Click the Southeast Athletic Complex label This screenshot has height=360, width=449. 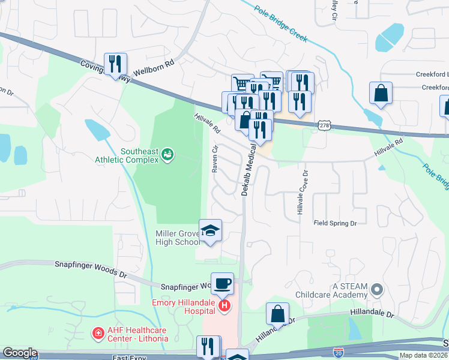(x=127, y=155)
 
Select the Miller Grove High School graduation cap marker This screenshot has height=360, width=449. (x=210, y=230)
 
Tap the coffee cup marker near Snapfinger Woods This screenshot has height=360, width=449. (x=222, y=283)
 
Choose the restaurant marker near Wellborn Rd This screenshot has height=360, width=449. (x=113, y=64)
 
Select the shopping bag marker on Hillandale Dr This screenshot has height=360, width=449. (x=278, y=314)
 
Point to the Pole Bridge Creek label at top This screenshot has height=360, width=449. (x=280, y=24)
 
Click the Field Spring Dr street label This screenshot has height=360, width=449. (x=335, y=223)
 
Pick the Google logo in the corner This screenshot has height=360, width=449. (x=20, y=353)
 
